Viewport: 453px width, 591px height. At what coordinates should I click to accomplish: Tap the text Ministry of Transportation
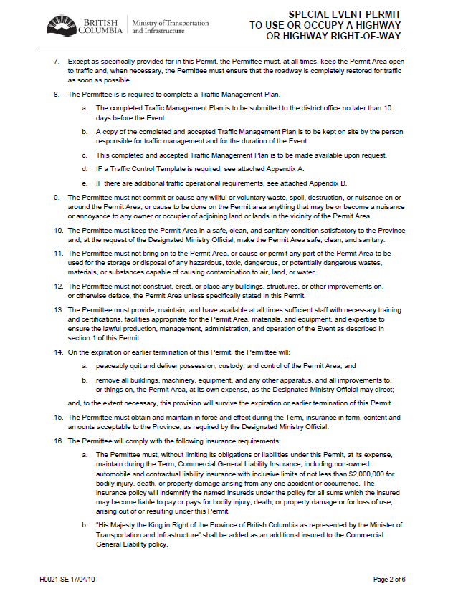(x=171, y=23)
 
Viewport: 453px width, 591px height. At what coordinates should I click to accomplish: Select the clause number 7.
(x=57, y=63)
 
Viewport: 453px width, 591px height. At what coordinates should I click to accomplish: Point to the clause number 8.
(x=57, y=95)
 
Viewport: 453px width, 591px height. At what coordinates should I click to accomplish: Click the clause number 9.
(x=57, y=197)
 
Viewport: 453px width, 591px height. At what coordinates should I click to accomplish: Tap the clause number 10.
(x=59, y=231)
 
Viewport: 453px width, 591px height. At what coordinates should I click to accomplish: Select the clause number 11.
(x=59, y=254)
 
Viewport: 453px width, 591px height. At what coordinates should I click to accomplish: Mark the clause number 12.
(x=59, y=286)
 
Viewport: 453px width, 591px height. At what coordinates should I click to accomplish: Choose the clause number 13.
(x=59, y=309)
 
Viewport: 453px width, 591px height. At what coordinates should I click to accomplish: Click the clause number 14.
(x=59, y=352)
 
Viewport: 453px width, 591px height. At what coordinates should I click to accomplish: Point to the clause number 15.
(x=59, y=417)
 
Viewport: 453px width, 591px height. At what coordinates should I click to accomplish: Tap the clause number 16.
(x=59, y=440)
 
